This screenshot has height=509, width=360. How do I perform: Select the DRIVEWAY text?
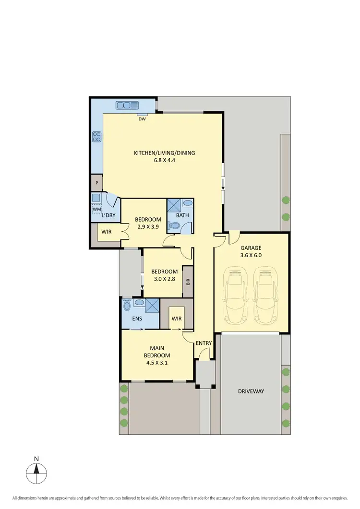point(251,391)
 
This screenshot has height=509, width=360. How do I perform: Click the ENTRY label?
point(203,343)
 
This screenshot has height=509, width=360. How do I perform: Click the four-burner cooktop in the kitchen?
point(96,137)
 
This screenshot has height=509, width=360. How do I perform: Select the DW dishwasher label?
point(142,119)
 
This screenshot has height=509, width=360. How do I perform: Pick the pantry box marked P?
point(97,183)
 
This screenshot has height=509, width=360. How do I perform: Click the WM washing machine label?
point(96,209)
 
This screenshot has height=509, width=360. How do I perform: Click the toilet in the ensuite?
point(127,305)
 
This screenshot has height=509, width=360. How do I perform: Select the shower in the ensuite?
point(152,305)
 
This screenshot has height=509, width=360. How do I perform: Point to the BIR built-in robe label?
point(188,283)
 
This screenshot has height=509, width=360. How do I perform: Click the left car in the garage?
point(235,295)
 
